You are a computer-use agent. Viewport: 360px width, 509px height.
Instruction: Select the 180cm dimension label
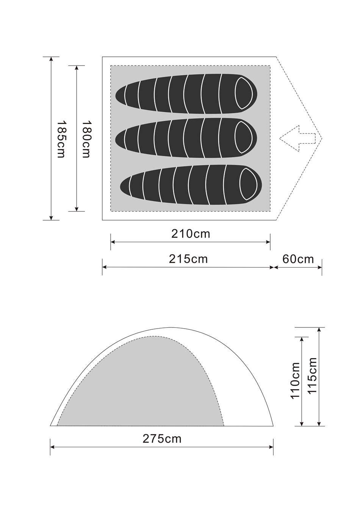click(86, 139)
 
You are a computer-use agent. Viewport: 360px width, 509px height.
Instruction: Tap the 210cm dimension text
click(191, 234)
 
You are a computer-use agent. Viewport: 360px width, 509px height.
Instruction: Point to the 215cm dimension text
click(188, 259)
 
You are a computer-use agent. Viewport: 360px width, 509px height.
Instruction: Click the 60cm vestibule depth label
click(298, 259)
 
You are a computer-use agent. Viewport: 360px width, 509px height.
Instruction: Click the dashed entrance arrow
click(297, 138)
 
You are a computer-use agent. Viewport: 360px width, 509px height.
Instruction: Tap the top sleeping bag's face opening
click(244, 93)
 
